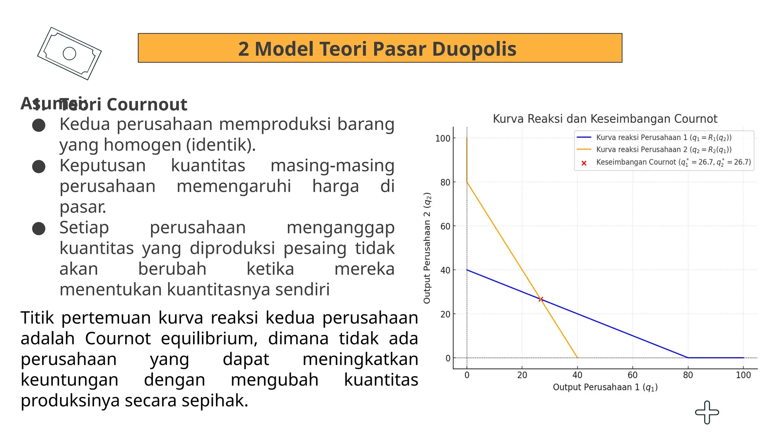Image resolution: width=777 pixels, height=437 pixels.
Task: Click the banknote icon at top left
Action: coord(69,53)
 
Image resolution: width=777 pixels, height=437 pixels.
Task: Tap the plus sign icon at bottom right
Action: coord(707,412)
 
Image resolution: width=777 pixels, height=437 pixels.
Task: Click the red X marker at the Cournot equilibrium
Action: coord(541,299)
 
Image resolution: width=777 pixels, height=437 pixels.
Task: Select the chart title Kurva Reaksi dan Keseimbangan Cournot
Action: coord(605,119)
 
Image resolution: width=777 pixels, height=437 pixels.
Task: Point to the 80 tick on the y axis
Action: coord(445,182)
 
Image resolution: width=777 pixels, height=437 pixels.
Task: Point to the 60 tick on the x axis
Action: coord(632,375)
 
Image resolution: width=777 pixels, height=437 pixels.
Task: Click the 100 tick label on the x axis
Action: coord(743,375)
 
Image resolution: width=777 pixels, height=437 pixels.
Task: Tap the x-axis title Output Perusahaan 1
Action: coord(605,387)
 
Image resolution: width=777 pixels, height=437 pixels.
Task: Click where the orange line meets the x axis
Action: coord(577,357)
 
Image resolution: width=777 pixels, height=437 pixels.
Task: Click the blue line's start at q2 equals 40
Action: coord(467,270)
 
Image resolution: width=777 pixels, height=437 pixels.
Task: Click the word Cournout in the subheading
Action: coord(147,105)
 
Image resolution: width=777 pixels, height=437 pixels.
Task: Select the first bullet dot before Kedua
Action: coord(39,125)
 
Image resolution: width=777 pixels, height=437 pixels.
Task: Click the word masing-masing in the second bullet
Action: coord(332,165)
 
